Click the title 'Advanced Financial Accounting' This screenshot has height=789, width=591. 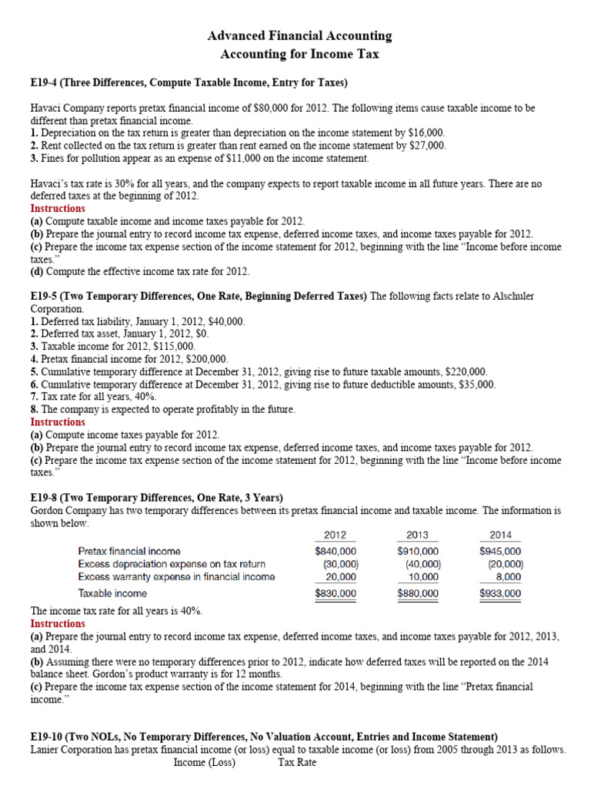tap(300, 35)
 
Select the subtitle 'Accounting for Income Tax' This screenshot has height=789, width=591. tap(300, 54)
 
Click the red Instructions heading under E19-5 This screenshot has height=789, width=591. tap(58, 422)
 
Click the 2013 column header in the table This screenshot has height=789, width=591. tap(417, 535)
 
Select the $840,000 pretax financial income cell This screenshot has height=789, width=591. tap(336, 551)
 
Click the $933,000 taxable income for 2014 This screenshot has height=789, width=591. tap(500, 593)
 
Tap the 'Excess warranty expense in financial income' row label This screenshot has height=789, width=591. tap(176, 576)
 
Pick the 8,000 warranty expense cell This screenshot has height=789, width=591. tap(506, 576)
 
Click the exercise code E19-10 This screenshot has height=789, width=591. tap(51, 737)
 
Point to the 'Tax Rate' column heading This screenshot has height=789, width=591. tap(297, 763)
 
